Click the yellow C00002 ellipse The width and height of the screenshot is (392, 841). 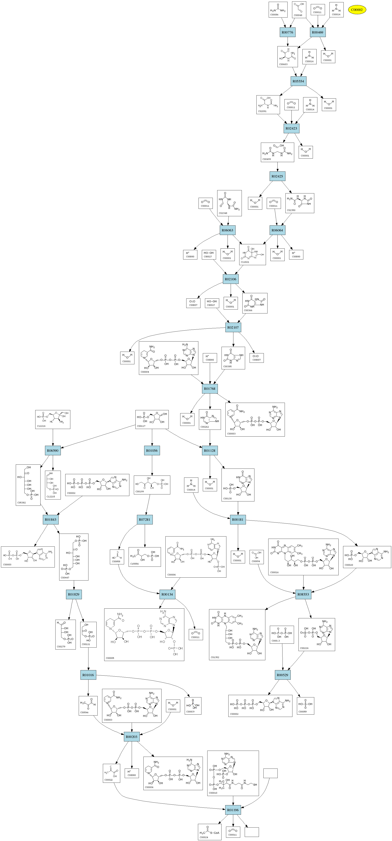(x=357, y=10)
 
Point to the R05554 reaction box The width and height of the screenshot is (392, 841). (x=298, y=81)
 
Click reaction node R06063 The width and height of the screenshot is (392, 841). (x=228, y=230)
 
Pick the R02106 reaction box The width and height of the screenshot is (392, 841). (x=231, y=279)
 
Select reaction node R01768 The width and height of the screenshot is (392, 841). (x=210, y=388)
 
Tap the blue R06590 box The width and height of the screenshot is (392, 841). (x=53, y=451)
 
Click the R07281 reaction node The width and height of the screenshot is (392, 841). (x=145, y=519)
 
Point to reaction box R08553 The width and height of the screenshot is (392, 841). (x=303, y=594)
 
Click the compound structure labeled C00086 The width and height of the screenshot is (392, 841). (x=278, y=10)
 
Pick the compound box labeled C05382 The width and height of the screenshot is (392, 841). (x=28, y=485)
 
